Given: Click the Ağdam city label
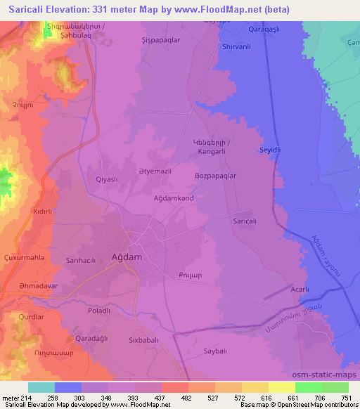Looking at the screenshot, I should (x=127, y=257).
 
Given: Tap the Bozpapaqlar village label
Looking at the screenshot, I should (x=215, y=176).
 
